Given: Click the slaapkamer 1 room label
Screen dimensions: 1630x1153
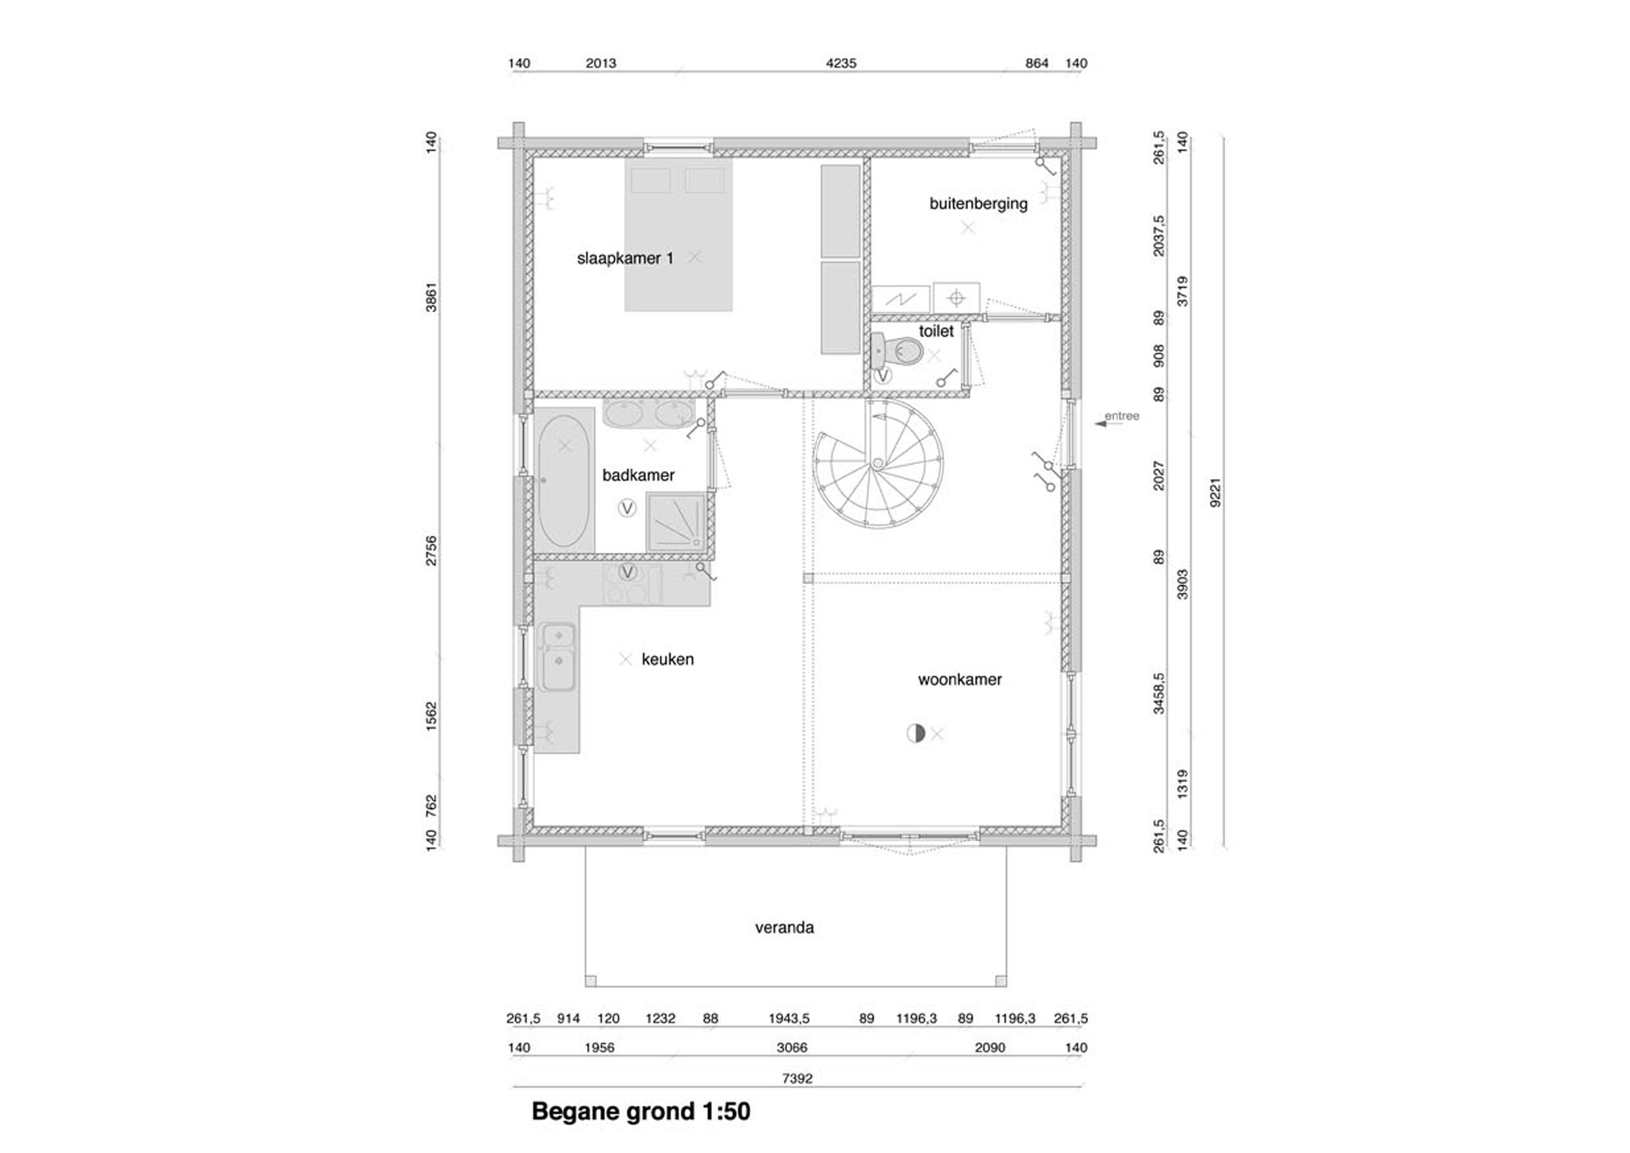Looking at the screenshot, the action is tap(625, 259).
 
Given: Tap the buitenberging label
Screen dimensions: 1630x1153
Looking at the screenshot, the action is tap(978, 204).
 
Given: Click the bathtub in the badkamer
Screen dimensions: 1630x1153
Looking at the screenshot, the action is tap(564, 481).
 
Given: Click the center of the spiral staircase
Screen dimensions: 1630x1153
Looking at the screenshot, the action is tap(878, 463).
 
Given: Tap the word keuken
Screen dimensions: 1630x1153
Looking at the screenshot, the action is tap(667, 659).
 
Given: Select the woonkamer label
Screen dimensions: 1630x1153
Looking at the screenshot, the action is tap(960, 679).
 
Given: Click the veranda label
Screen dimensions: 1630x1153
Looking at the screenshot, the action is tap(784, 927).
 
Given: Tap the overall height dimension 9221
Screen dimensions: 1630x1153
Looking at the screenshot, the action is tap(1215, 492).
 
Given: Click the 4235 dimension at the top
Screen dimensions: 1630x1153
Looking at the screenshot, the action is tap(841, 63).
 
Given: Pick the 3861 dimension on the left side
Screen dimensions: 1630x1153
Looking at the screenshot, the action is tap(432, 297).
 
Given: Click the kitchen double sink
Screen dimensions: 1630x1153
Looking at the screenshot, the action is tap(558, 657).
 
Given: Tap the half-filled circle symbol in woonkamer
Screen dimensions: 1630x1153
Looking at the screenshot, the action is tap(916, 733).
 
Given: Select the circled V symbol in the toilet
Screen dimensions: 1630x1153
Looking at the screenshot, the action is tap(882, 376).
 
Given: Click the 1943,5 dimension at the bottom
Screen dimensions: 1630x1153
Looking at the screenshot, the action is tap(789, 1019).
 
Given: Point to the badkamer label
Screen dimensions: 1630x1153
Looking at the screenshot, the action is tap(638, 475).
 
